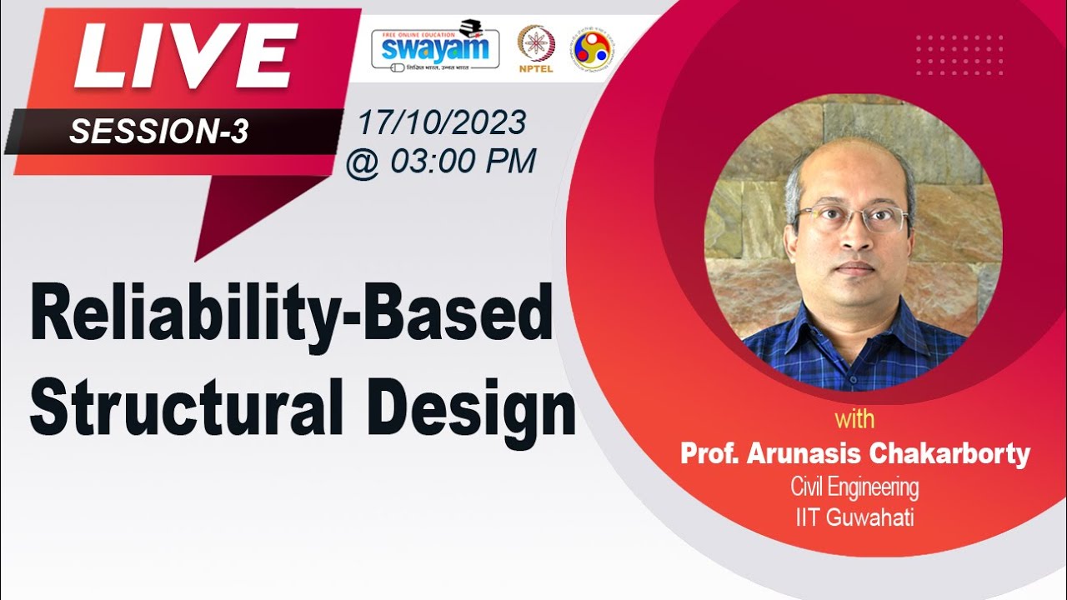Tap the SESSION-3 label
tap(158, 131)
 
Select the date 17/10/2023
tap(442, 123)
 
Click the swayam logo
tap(435, 47)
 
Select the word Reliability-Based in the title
tap(292, 314)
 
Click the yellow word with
tap(854, 418)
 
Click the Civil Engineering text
tap(854, 487)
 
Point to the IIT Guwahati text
tap(854, 517)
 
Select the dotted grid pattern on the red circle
tap(959, 55)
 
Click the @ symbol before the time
tap(362, 162)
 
